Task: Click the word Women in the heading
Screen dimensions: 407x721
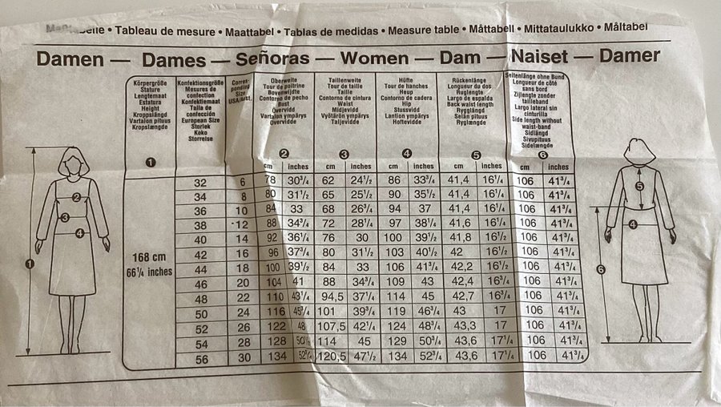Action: [381, 57]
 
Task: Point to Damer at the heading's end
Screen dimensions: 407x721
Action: [628, 55]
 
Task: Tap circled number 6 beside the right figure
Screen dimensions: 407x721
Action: [601, 268]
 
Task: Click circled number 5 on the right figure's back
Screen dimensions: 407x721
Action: [639, 186]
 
